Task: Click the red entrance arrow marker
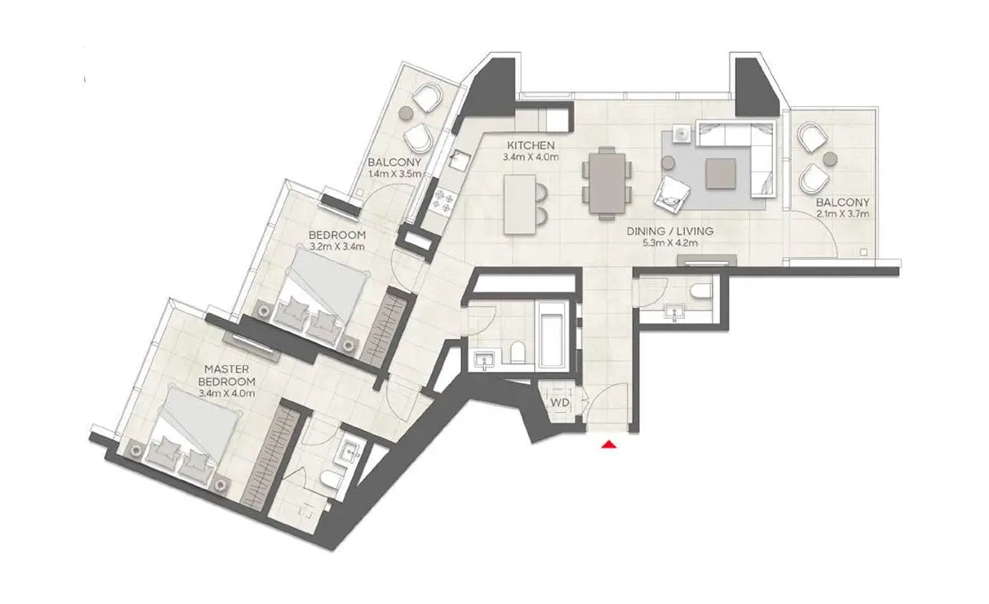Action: tap(609, 444)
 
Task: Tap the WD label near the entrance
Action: tap(560, 403)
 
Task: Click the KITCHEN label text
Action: tap(531, 145)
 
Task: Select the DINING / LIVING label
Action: tap(670, 231)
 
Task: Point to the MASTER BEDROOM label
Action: tap(227, 375)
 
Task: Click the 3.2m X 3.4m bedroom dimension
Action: tap(337, 247)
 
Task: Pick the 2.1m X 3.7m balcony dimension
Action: tap(842, 214)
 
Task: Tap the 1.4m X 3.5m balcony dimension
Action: tap(395, 174)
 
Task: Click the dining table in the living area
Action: tap(607, 183)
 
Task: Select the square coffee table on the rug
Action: tap(720, 174)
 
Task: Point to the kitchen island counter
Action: tap(520, 204)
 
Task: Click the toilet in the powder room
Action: tap(701, 291)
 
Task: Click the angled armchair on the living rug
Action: tap(672, 196)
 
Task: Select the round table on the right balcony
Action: tap(830, 159)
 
